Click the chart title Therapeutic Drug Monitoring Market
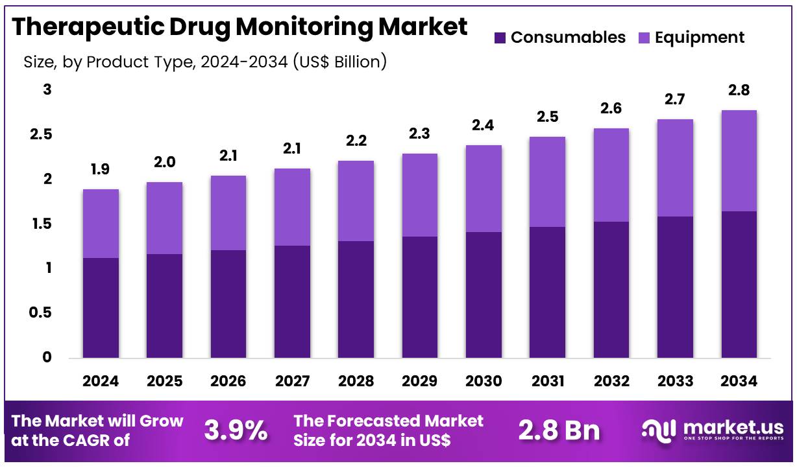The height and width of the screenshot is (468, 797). pos(239,27)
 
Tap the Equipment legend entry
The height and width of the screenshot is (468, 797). pos(691,38)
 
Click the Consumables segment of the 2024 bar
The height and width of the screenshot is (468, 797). pos(100,308)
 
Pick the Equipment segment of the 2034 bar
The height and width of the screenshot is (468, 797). pos(739,161)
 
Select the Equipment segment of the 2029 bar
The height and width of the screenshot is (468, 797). pos(419,195)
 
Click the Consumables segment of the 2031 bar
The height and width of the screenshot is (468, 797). pos(547,292)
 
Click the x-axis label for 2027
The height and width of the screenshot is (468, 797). pos(291,381)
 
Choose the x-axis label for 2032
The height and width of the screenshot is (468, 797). pos(611,381)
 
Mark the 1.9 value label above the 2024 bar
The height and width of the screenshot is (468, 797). pos(100,170)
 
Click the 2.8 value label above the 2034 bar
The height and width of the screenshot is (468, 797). pos(739,91)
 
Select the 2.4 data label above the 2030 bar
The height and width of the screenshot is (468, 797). pos(483,126)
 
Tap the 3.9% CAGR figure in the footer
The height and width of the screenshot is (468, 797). pos(236,430)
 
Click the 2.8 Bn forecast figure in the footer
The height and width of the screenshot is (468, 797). pos(559,430)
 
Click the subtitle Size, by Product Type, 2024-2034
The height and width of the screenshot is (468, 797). pos(205,62)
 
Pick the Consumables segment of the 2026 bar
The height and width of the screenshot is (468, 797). pos(228,304)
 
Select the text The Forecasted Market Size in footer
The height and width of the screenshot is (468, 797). pos(388,430)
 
